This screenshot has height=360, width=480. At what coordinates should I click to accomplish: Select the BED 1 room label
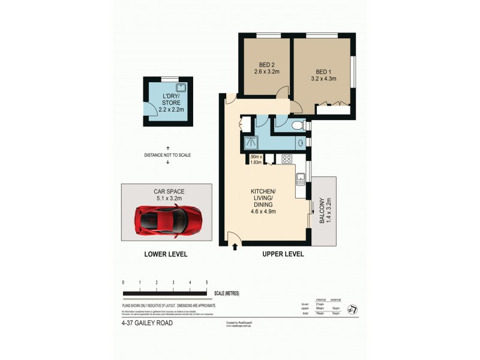point(323,73)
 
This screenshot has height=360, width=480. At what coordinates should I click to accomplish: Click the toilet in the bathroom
point(298,125)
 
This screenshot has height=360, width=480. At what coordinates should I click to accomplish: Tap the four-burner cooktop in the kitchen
point(286,159)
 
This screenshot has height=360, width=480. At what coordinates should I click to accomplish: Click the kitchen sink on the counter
point(301,177)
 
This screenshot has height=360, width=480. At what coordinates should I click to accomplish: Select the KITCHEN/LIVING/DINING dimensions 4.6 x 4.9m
point(263,210)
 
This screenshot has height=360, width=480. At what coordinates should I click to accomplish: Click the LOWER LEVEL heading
point(166,254)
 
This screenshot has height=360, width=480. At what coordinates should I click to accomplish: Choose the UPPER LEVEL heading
point(283,254)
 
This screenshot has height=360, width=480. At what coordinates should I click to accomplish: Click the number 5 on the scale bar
point(206,282)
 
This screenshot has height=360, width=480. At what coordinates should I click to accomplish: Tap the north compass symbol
point(353,308)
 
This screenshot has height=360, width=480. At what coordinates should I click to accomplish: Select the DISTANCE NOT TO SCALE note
point(167,155)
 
